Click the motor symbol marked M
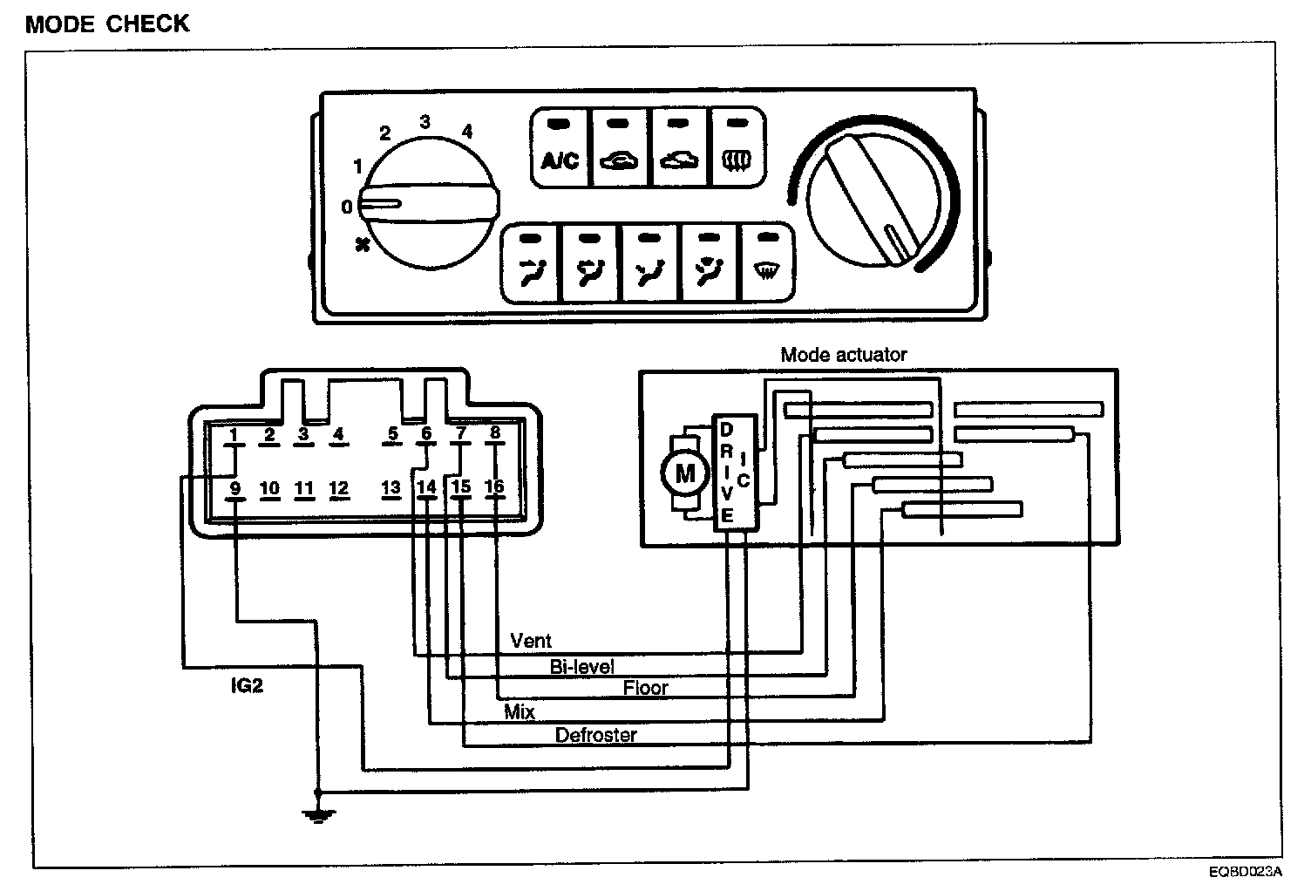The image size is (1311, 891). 685,473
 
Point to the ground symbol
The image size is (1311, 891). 318,815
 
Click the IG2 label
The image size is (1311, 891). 247,685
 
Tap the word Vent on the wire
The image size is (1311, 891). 531,642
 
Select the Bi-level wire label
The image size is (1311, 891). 582,667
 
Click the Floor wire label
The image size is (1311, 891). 645,688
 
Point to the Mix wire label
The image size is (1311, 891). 520,711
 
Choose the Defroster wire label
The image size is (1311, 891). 596,735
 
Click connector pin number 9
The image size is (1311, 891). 234,488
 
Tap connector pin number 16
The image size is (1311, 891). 494,487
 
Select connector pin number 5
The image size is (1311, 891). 393,433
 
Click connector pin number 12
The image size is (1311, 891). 339,488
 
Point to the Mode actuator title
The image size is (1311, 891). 843,355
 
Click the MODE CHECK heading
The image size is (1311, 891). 107,24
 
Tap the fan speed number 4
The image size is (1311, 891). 467,132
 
